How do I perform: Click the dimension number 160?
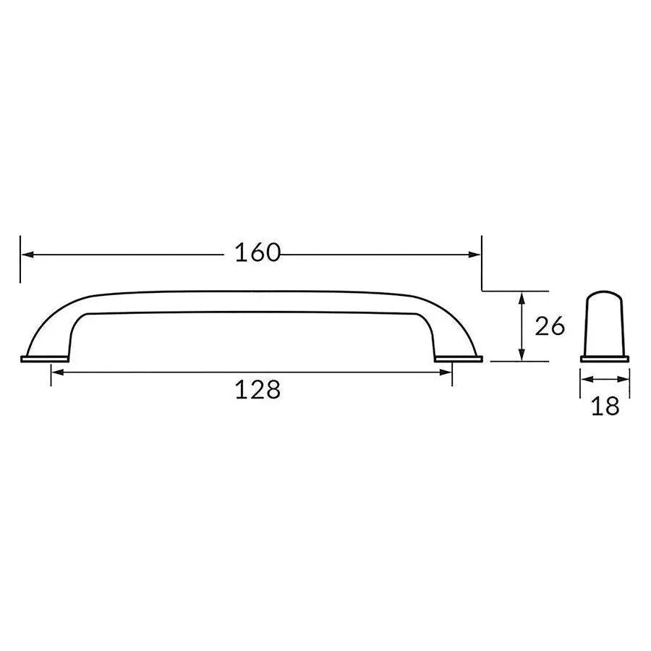258,253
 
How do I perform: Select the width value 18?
605,406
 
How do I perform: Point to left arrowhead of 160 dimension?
26,254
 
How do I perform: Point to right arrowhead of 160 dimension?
475,254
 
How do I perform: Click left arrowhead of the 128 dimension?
56,372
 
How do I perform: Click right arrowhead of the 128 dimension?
446,372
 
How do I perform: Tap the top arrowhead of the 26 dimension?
521,296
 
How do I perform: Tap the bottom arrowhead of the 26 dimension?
521,355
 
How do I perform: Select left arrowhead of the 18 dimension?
585,379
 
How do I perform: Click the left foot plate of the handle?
44,358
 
